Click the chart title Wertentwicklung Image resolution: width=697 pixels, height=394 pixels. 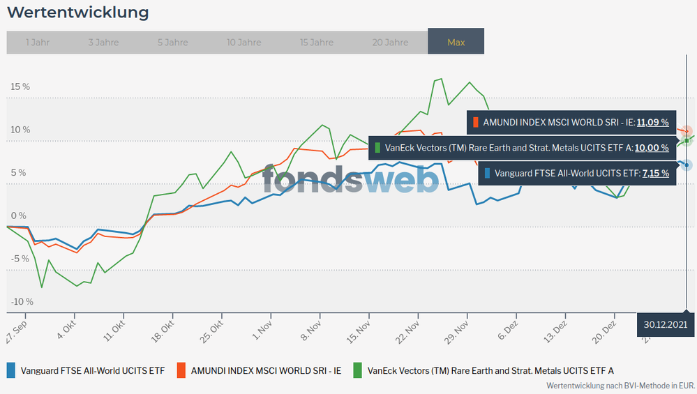point(77,13)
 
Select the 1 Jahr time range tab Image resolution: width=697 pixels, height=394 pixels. point(37,43)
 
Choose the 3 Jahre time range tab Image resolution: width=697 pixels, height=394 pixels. point(103,43)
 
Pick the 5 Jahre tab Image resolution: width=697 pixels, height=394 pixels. point(173,43)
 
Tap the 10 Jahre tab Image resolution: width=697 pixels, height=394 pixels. point(243,43)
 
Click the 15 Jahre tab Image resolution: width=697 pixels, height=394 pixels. point(317,43)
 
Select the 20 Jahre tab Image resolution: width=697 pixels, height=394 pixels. point(390,43)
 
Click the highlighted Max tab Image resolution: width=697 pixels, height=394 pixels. point(456,43)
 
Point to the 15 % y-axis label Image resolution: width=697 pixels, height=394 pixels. point(20,87)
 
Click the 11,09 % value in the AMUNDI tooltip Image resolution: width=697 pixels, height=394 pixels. point(652,122)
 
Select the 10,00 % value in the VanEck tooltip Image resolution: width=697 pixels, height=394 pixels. point(652,147)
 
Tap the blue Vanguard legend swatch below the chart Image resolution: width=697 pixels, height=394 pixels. point(11,370)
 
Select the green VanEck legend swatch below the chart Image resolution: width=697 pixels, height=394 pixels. point(358,370)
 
